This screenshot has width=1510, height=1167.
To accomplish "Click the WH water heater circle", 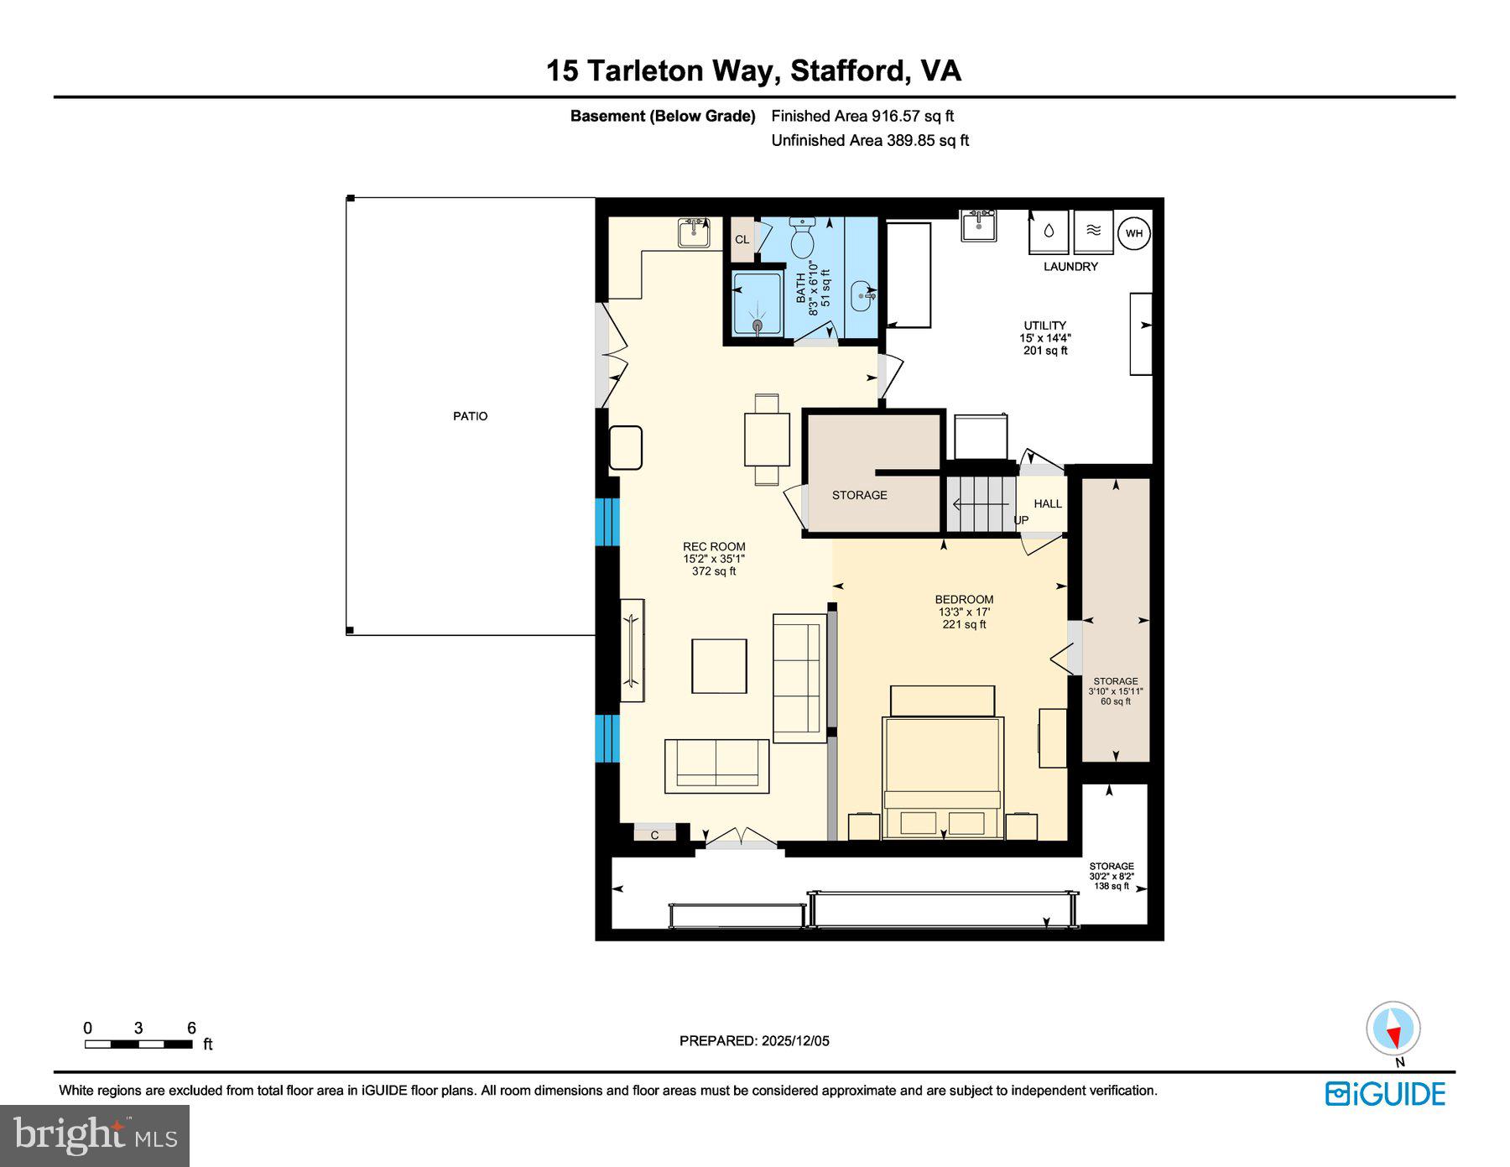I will [1134, 233].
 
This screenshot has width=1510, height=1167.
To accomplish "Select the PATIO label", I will [470, 416].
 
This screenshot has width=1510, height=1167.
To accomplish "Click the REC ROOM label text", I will [714, 547].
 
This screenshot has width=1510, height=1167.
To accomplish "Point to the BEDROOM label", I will [964, 600].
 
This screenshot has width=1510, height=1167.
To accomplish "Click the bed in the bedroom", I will [942, 776].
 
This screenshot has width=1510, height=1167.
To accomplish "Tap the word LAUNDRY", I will [1070, 267].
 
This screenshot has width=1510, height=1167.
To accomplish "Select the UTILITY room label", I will [1044, 326].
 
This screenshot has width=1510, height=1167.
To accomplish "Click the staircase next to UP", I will [980, 503].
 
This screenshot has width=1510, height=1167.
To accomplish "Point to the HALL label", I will [1048, 503].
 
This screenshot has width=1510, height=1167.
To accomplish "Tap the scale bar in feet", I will [138, 1045].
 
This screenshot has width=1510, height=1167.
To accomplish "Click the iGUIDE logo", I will [1385, 1094].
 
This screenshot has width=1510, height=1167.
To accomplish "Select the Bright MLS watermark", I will [95, 1136].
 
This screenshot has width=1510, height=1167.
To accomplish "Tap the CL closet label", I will [742, 240].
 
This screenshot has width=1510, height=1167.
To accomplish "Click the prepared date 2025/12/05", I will [754, 1041].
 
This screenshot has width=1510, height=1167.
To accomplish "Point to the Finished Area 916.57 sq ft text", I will [862, 117].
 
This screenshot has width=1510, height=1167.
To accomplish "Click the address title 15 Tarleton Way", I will [752, 70].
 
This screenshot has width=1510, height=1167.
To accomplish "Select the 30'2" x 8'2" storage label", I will [1112, 876].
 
